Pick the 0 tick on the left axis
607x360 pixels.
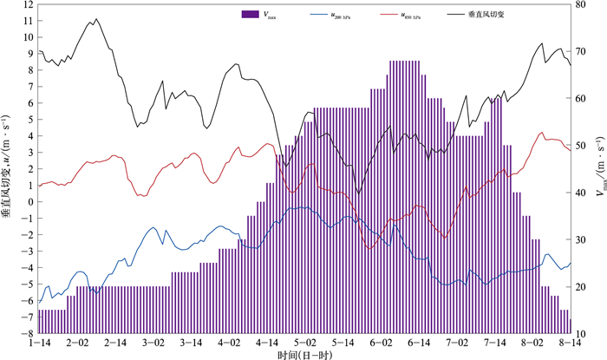click(31, 201)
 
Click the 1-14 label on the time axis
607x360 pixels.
click(39, 344)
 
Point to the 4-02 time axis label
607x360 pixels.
click(229, 344)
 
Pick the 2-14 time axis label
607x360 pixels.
click(115, 344)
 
